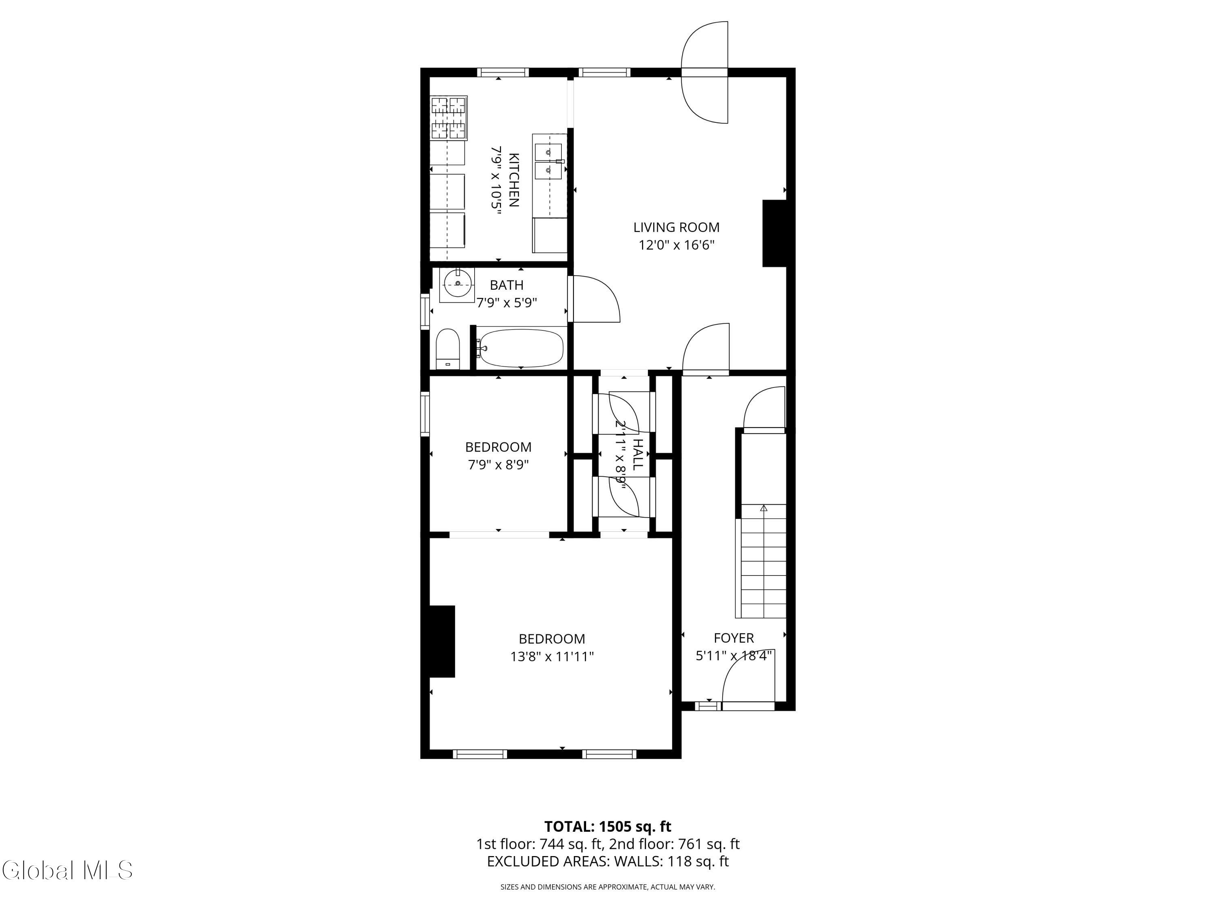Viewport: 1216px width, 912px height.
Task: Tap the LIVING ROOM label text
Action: point(676,227)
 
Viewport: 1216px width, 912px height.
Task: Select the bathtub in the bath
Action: point(520,349)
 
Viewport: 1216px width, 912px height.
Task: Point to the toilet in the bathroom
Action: point(447,349)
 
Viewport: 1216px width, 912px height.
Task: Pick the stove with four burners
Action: point(449,118)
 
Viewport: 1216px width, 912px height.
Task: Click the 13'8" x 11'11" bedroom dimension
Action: point(552,656)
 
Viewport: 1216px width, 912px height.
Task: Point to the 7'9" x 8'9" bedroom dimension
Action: point(498,465)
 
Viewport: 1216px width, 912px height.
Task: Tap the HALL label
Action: point(637,454)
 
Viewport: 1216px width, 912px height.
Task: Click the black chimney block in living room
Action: point(775,233)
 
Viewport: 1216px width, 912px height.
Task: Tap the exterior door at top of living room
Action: point(705,72)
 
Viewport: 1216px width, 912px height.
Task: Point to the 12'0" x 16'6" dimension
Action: point(676,245)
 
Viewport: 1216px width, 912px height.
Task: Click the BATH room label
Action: point(506,285)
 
